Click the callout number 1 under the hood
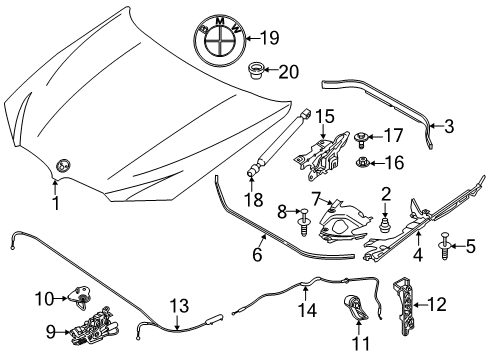click(56, 202)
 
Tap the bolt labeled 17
click(361, 135)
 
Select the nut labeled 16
click(365, 162)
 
